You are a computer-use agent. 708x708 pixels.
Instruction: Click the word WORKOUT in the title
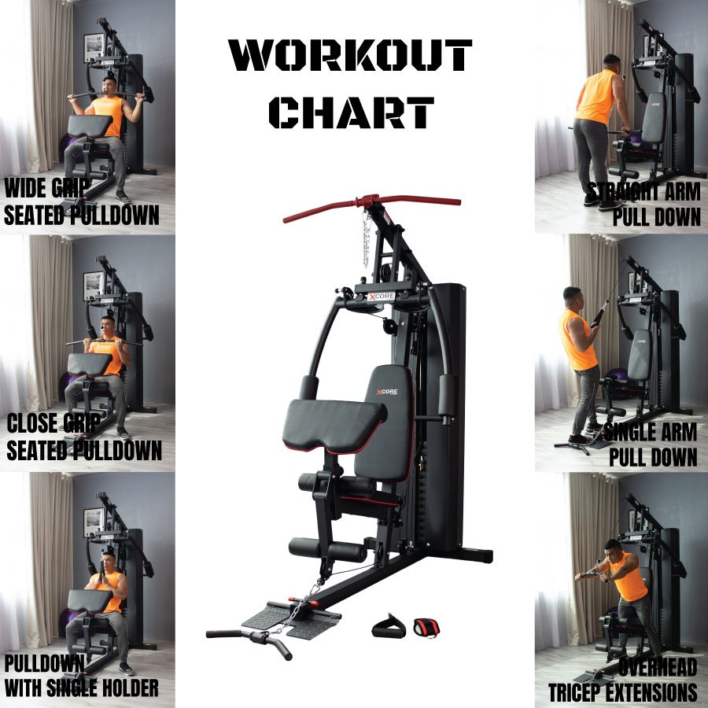click(350, 55)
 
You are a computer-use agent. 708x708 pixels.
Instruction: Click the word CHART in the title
click(352, 112)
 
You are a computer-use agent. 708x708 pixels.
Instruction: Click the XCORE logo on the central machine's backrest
click(387, 392)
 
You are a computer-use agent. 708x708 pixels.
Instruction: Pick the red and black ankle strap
click(426, 628)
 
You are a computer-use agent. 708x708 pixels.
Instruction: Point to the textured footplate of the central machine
click(289, 618)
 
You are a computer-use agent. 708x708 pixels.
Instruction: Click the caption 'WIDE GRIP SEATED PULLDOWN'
click(81, 202)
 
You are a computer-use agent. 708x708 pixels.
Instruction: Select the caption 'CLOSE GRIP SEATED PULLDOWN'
click(84, 437)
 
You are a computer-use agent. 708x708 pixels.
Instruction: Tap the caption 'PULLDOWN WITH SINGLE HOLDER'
click(81, 676)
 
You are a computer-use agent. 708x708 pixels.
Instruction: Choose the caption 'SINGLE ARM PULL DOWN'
click(651, 444)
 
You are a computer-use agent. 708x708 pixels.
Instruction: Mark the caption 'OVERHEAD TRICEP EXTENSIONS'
click(623, 680)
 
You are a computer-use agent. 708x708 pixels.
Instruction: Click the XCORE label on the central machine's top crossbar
click(381, 297)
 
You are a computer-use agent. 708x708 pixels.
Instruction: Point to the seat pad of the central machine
click(334, 425)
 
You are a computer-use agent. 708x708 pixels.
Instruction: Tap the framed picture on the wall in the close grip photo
click(94, 285)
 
